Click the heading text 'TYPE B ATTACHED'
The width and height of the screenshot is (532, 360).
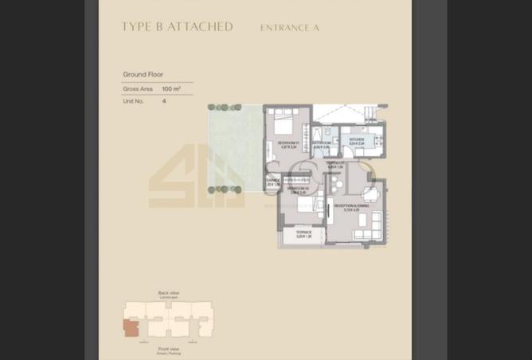(177, 27)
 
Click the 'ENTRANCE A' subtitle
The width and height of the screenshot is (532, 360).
(289, 28)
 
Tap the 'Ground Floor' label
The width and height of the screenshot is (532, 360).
(143, 74)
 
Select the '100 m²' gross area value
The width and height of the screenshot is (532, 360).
(171, 89)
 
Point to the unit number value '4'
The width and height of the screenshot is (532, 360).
(164, 101)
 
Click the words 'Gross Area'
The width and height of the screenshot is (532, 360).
(137, 89)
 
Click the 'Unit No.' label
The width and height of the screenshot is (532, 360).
(134, 101)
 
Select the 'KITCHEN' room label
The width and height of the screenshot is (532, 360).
(356, 139)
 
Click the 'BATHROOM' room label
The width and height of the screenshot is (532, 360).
(322, 143)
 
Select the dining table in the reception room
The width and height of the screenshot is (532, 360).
(370, 194)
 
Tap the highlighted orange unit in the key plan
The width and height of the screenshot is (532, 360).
(130, 327)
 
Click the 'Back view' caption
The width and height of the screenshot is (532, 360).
(169, 293)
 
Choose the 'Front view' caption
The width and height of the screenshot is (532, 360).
(169, 348)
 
